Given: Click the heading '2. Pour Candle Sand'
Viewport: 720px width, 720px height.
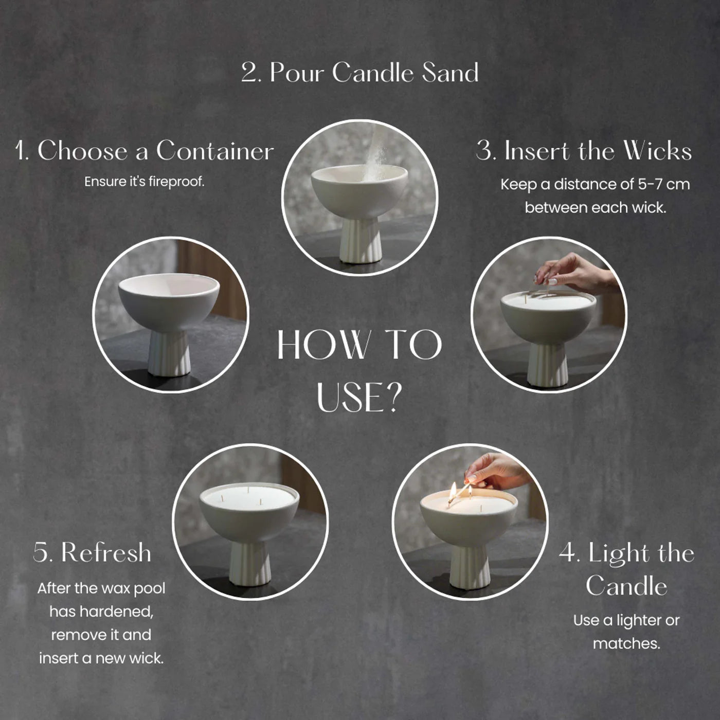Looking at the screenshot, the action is pos(360,72).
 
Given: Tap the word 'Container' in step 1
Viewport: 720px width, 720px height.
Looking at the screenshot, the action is pos(215,151).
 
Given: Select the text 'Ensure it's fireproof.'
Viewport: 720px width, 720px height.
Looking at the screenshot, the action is pos(144,182).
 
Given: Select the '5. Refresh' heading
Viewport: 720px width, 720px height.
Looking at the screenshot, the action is pos(92,552).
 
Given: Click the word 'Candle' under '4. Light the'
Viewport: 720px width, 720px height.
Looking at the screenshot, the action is pos(626,585).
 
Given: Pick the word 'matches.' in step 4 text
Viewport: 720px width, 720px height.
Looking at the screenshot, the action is pos(626,643).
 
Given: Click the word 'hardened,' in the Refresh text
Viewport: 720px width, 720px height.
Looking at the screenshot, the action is pos(102,611).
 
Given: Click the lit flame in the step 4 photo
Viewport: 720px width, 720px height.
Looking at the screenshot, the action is pos(453,490).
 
